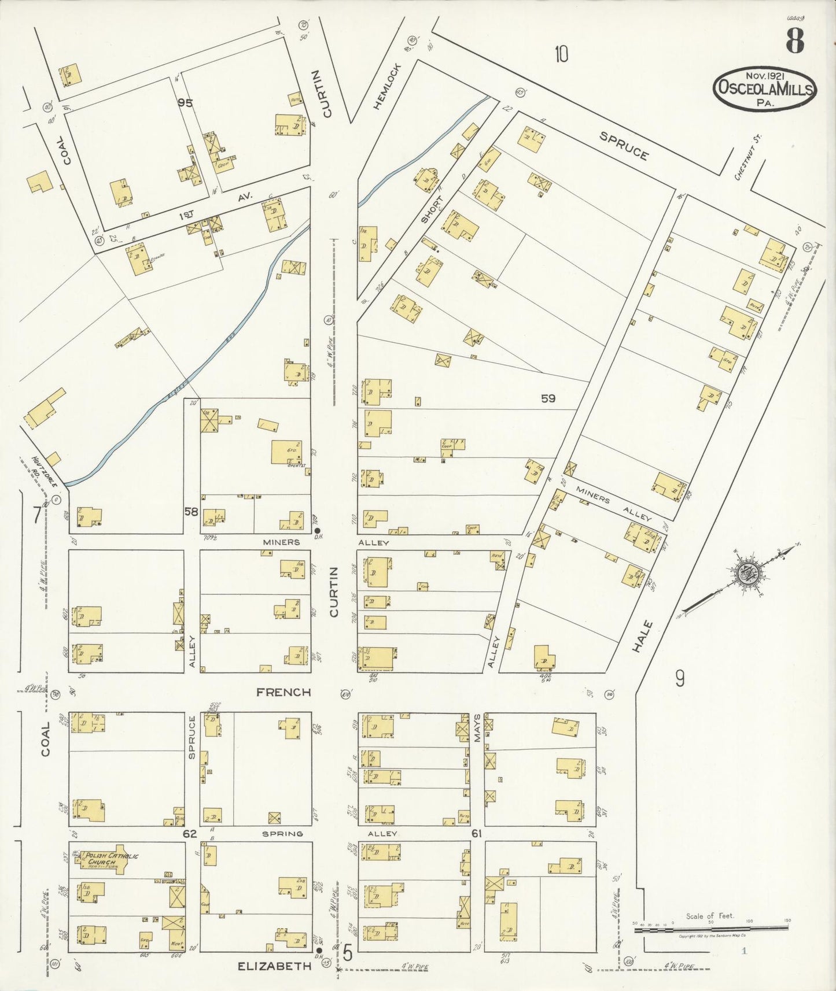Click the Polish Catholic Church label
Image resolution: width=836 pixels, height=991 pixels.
(113, 859)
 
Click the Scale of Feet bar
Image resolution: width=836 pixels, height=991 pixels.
(712, 923)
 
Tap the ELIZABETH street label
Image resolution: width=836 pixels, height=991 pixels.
(275, 965)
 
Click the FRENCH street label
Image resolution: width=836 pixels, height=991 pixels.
(283, 692)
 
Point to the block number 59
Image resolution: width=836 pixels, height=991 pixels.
(548, 398)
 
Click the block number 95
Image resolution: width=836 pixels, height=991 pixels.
(185, 103)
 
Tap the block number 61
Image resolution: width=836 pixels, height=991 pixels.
(477, 834)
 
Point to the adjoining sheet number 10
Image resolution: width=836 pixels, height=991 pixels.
(561, 54)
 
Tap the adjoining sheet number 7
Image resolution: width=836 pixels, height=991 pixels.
(37, 515)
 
